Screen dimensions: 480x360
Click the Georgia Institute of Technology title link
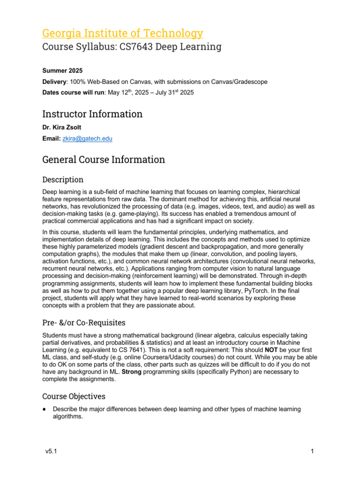click(123, 33)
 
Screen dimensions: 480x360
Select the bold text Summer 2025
click(62, 71)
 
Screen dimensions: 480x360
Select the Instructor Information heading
click(92, 114)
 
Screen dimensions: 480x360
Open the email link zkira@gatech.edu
click(88, 139)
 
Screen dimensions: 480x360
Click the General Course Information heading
click(104, 159)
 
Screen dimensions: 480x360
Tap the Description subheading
click(63, 180)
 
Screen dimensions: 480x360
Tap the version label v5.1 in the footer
click(50, 451)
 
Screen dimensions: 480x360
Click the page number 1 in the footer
click(312, 451)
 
